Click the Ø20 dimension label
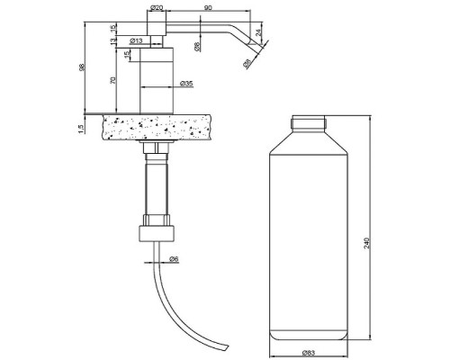click(157, 8)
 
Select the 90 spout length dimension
click(208, 8)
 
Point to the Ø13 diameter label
click(136, 40)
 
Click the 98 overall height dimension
click(82, 67)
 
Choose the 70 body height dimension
click(112, 80)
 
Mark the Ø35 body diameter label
click(186, 84)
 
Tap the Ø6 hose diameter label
click(174, 258)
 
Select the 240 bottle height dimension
click(366, 243)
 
